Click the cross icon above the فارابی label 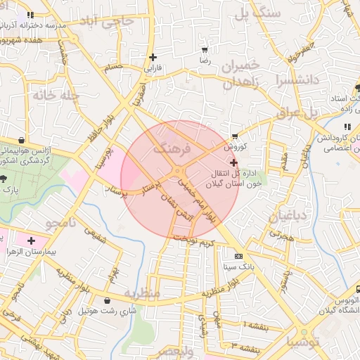(153, 57)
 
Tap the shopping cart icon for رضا (205, 51)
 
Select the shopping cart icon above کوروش (234, 136)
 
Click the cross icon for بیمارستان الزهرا (31, 240)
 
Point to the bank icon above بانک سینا (238, 256)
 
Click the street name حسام (113, 68)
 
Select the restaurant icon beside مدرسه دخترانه (29, 15)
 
